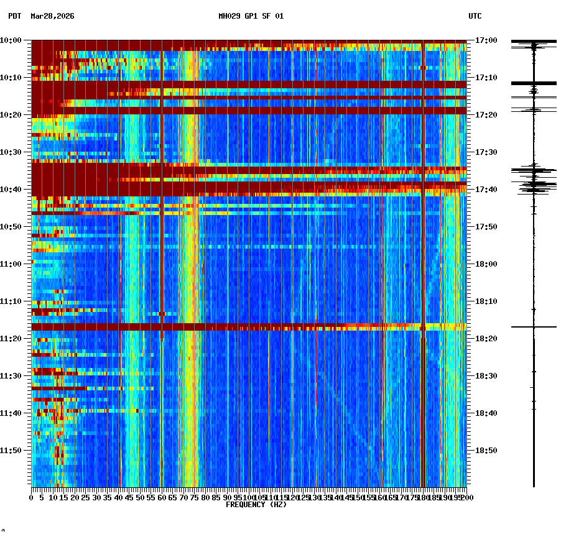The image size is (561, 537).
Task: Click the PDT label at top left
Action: (14, 16)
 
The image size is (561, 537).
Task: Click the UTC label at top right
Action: (475, 16)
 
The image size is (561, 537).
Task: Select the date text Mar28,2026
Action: (52, 16)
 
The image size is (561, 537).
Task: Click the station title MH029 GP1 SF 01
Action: (251, 16)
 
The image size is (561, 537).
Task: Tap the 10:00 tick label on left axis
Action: (11, 40)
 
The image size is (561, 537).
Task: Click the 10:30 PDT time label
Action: (11, 152)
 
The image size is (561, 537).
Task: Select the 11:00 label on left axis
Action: (11, 264)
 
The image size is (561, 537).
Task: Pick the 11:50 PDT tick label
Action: (11, 451)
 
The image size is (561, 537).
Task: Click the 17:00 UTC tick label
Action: (486, 40)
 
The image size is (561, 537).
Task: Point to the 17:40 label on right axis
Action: (486, 190)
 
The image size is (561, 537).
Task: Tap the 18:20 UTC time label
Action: (486, 339)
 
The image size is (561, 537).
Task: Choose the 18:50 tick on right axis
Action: (486, 451)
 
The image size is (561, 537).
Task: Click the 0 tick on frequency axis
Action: (32, 498)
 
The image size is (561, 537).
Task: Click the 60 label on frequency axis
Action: (162, 498)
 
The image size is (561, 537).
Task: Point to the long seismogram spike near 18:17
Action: (534, 326)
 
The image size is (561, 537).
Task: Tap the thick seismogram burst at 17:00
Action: (534, 42)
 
